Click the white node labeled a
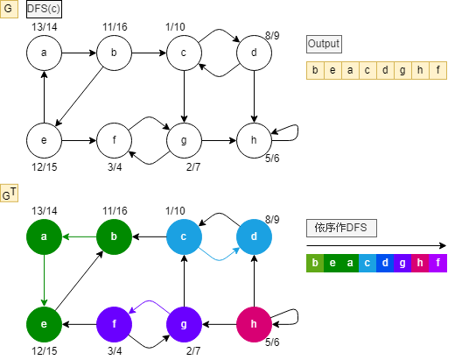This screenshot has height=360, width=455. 44,54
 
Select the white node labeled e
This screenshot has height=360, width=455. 44,139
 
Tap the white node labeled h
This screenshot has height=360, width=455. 254,139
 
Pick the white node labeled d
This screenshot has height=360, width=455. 254,54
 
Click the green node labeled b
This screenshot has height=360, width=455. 114,236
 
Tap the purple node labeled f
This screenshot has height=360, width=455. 114,322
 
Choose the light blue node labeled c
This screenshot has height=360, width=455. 184,236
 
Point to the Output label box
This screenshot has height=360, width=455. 325,44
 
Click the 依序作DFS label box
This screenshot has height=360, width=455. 341,228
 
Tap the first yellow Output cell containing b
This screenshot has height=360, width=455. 315,71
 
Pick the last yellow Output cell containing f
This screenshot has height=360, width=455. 437,71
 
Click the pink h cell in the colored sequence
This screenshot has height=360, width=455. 420,263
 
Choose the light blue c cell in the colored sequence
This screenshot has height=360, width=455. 367,263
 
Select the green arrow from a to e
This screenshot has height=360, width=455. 44,279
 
